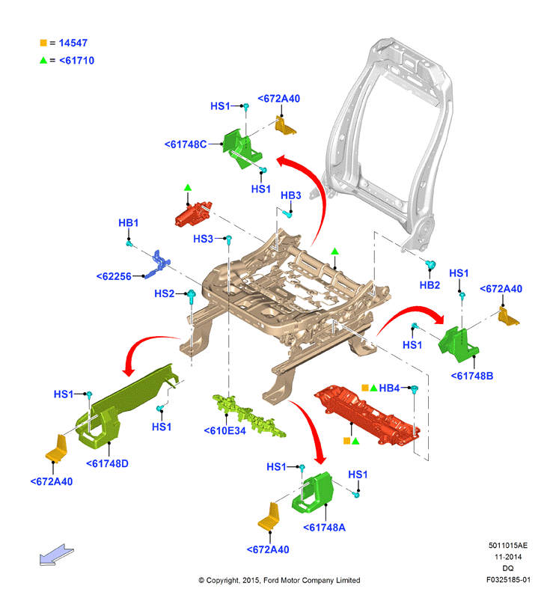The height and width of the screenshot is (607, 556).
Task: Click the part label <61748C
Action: pyautogui.click(x=186, y=144)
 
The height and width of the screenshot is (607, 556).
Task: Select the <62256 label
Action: pyautogui.click(x=114, y=276)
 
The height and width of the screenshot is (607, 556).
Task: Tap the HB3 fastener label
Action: pyautogui.click(x=290, y=195)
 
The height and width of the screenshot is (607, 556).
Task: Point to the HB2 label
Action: pyautogui.click(x=430, y=285)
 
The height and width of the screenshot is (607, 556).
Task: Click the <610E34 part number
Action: pyautogui.click(x=224, y=430)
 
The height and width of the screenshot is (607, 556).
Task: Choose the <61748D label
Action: pyautogui.click(x=107, y=463)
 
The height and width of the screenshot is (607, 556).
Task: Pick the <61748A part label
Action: pyautogui.click(x=324, y=527)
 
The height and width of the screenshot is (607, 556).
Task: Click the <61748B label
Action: pyautogui.click(x=472, y=376)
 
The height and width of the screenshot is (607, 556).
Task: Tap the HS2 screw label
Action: pyautogui.click(x=164, y=294)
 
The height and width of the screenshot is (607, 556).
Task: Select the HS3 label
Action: pyautogui.click(x=203, y=239)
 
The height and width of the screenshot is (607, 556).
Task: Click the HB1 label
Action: pyautogui.click(x=129, y=223)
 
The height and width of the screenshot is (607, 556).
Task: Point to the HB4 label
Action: pyautogui.click(x=389, y=388)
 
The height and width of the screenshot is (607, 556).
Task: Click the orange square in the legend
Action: pyautogui.click(x=43, y=43)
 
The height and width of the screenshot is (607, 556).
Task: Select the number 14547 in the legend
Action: pyautogui.click(x=73, y=43)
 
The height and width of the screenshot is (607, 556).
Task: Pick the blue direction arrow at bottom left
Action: pyautogui.click(x=56, y=555)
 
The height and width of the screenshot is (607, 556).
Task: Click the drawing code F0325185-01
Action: pyautogui.click(x=508, y=579)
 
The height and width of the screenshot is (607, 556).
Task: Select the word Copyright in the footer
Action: pyautogui.click(x=222, y=580)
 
